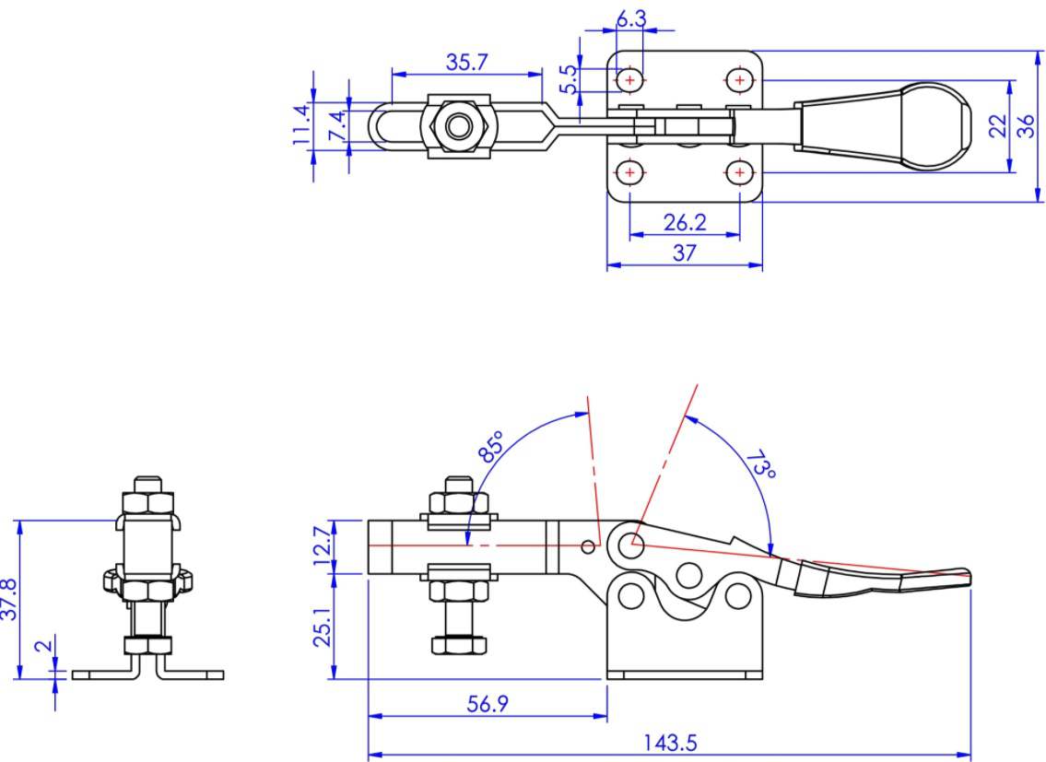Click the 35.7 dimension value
[x=467, y=62]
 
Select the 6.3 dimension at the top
[x=631, y=18]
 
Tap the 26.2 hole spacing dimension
[x=685, y=222]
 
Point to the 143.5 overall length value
[x=670, y=742]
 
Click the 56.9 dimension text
[x=488, y=703]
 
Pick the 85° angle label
[x=491, y=446]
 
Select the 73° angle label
[x=760, y=464]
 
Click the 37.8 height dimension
[x=9, y=599]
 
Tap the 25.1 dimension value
[x=323, y=627]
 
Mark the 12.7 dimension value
[x=323, y=545]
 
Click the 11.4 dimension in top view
[x=301, y=124]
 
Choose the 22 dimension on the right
[x=997, y=125]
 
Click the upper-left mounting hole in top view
[x=629, y=80]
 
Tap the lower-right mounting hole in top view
[x=739, y=173]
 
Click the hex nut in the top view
[x=458, y=126]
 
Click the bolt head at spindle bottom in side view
[x=458, y=645]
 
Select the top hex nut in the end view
[x=148, y=502]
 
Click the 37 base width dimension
[x=685, y=253]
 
